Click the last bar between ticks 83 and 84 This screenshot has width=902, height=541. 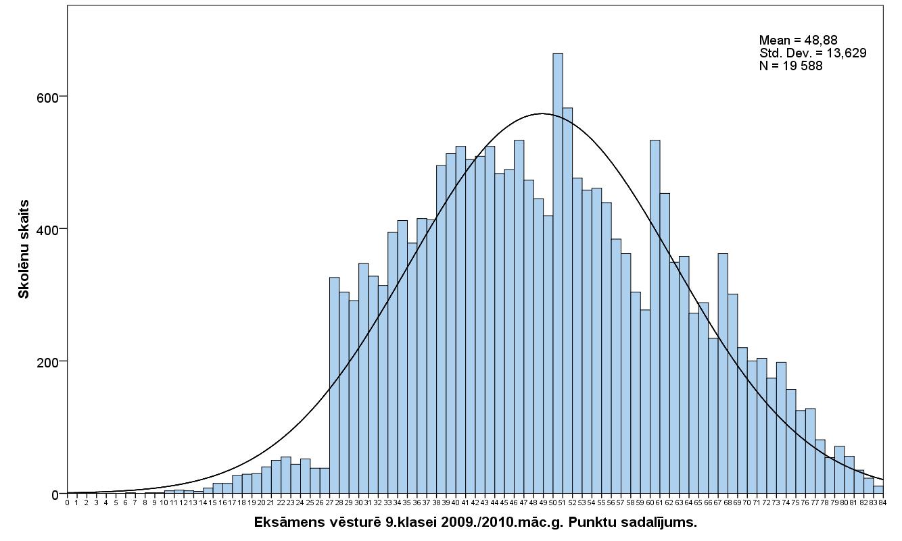[878, 490]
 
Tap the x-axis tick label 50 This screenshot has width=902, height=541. [552, 502]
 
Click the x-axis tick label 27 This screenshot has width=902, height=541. [329, 502]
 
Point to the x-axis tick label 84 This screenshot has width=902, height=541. [883, 502]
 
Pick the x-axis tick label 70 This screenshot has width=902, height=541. [747, 502]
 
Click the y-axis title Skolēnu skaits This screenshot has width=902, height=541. [24, 249]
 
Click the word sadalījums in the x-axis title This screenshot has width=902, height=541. [655, 522]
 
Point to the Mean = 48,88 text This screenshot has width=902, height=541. [798, 41]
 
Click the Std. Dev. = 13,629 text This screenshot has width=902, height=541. [813, 53]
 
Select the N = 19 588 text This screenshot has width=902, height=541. [790, 66]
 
